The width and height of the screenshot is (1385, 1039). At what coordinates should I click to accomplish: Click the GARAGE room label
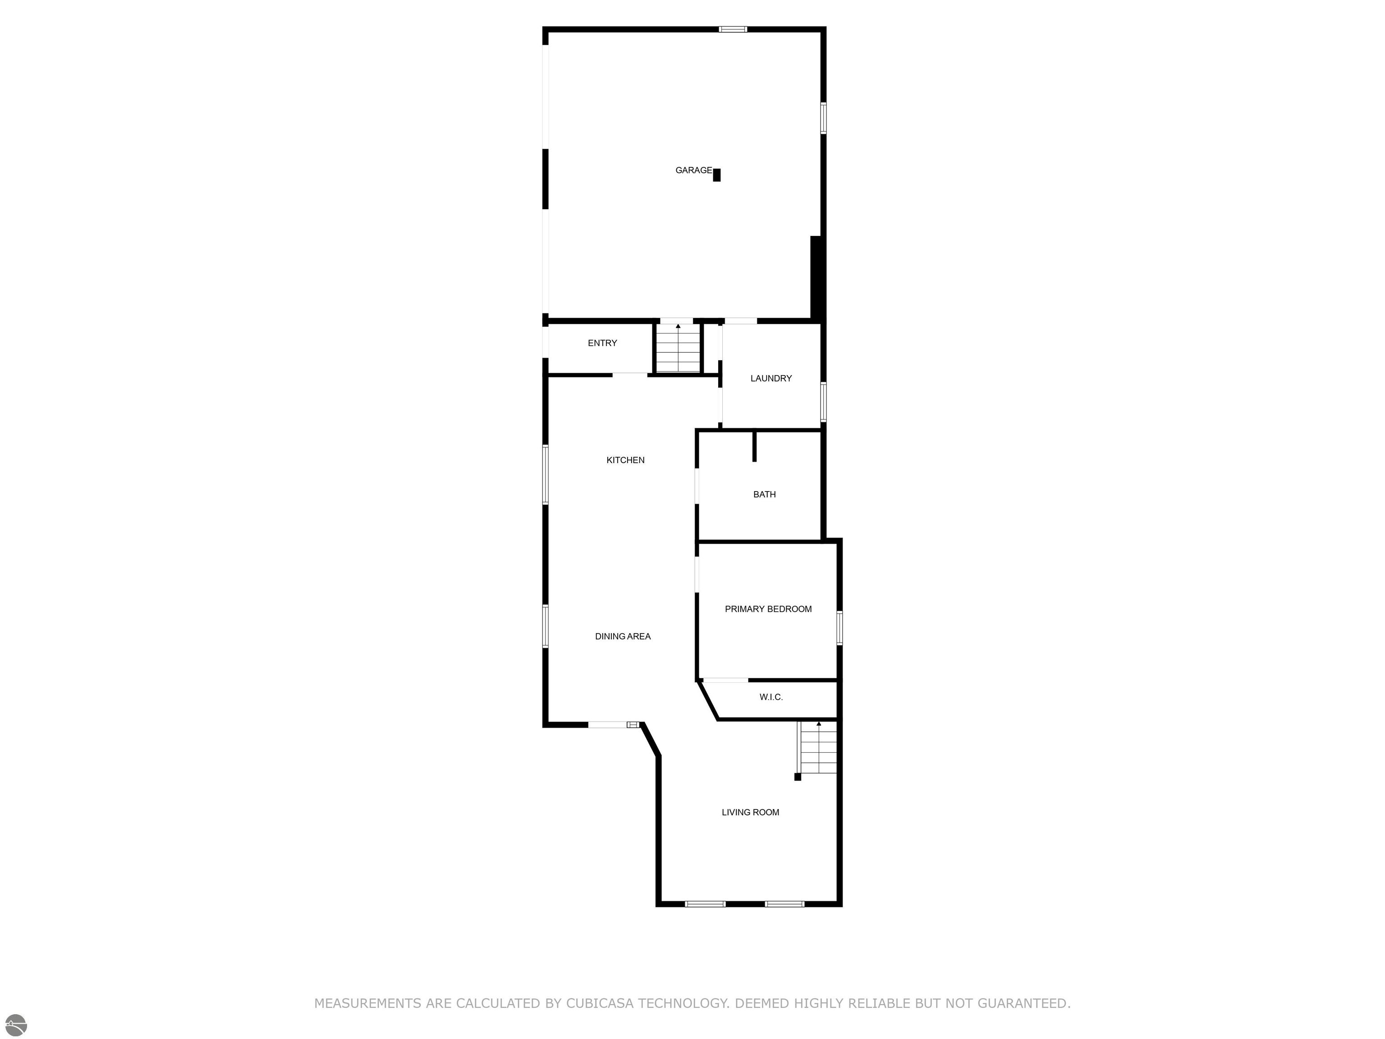pyautogui.click(x=693, y=170)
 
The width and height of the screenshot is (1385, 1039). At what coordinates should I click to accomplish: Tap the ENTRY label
pyautogui.click(x=602, y=343)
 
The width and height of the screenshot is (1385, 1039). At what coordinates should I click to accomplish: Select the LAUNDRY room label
pyautogui.click(x=771, y=378)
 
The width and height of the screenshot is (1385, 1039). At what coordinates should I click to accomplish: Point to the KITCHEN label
pyautogui.click(x=625, y=460)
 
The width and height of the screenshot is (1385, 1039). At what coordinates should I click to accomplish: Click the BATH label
pyautogui.click(x=765, y=495)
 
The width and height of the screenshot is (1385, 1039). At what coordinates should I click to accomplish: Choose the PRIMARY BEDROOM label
pyautogui.click(x=768, y=609)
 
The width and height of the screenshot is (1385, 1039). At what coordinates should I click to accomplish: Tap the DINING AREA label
pyautogui.click(x=623, y=637)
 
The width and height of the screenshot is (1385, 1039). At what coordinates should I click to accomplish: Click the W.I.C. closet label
pyautogui.click(x=771, y=697)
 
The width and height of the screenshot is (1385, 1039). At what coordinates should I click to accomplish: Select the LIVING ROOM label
pyautogui.click(x=750, y=812)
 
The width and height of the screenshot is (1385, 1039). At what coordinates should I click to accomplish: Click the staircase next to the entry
pyautogui.click(x=678, y=348)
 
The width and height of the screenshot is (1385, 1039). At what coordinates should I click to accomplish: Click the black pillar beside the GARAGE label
pyautogui.click(x=717, y=175)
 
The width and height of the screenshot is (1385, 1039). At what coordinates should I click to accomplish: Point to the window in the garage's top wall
pyautogui.click(x=733, y=29)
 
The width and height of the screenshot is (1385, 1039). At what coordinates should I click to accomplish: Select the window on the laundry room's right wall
pyautogui.click(x=823, y=401)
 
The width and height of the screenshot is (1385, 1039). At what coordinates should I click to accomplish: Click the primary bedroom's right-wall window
pyautogui.click(x=839, y=628)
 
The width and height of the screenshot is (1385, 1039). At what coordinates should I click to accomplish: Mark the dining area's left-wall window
pyautogui.click(x=546, y=625)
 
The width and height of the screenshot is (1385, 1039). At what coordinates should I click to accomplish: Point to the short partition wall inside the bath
pyautogui.click(x=754, y=446)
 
